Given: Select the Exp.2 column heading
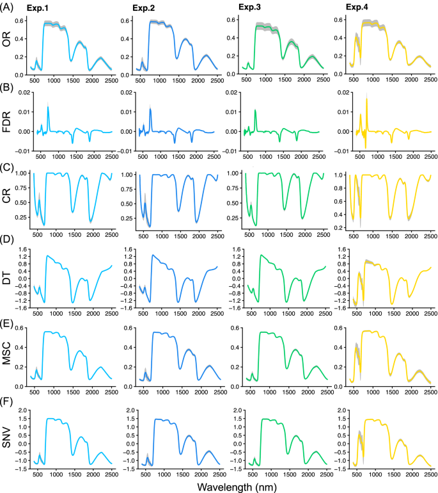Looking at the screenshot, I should click(x=148, y=8).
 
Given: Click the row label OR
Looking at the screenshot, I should click(x=8, y=43).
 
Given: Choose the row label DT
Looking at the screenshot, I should click(x=8, y=279).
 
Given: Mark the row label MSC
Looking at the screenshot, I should click(x=8, y=357).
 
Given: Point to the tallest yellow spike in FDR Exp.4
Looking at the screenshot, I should click(x=366, y=97).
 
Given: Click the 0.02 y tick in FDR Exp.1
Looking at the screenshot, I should click(x=20, y=93).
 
